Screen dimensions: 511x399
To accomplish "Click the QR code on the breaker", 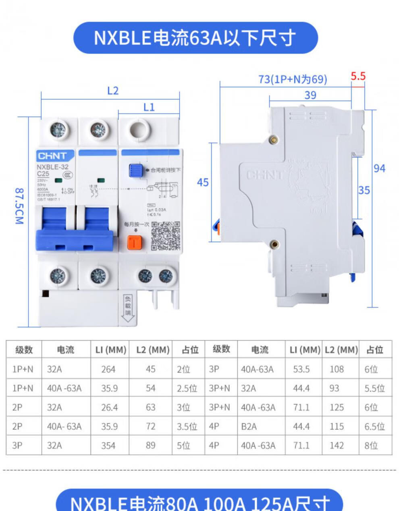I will tap(165, 236).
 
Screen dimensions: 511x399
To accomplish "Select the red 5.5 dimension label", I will tap(357, 76).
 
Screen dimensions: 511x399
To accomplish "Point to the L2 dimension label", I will tap(113, 91).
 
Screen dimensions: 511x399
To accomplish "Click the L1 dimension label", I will tap(149, 107).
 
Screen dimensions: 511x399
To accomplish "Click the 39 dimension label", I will tap(310, 95).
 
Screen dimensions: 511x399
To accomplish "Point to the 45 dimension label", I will tap(202, 182).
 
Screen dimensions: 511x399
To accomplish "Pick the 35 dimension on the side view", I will tap(364, 190).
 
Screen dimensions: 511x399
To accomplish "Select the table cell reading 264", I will tap(108, 369).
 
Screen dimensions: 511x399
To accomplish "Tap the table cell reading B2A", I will tap(249, 426).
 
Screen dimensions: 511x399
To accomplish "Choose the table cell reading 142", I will tap(337, 445).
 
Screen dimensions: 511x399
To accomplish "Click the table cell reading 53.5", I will tap(301, 369).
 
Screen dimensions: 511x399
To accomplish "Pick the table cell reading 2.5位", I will tap(187, 388).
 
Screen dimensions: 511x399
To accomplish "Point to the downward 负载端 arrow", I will tap(128, 308).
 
